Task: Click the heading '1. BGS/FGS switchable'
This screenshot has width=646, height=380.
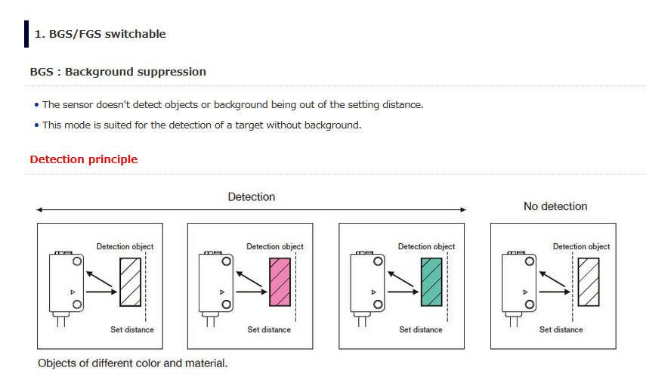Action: click(100, 34)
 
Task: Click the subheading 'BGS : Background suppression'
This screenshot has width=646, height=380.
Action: click(117, 72)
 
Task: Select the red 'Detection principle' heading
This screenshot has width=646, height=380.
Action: click(83, 159)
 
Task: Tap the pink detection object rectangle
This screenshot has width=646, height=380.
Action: click(280, 283)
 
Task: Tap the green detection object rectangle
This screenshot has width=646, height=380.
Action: click(431, 283)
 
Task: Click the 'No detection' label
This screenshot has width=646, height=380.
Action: click(555, 206)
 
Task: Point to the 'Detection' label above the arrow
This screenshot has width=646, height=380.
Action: click(252, 197)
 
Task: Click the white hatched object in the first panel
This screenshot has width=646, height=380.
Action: click(130, 283)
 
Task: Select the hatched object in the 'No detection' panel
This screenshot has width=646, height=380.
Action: click(588, 283)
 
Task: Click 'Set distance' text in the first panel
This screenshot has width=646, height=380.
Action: click(131, 330)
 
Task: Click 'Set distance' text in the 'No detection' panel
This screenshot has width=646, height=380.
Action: click(561, 330)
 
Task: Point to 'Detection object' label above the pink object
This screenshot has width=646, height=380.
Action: click(275, 247)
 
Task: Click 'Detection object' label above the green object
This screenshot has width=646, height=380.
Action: click(427, 247)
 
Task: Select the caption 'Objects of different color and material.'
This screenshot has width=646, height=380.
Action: click(132, 363)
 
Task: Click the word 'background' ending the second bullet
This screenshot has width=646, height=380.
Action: click(336, 125)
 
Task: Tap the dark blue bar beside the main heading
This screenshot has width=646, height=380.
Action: click(26, 34)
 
